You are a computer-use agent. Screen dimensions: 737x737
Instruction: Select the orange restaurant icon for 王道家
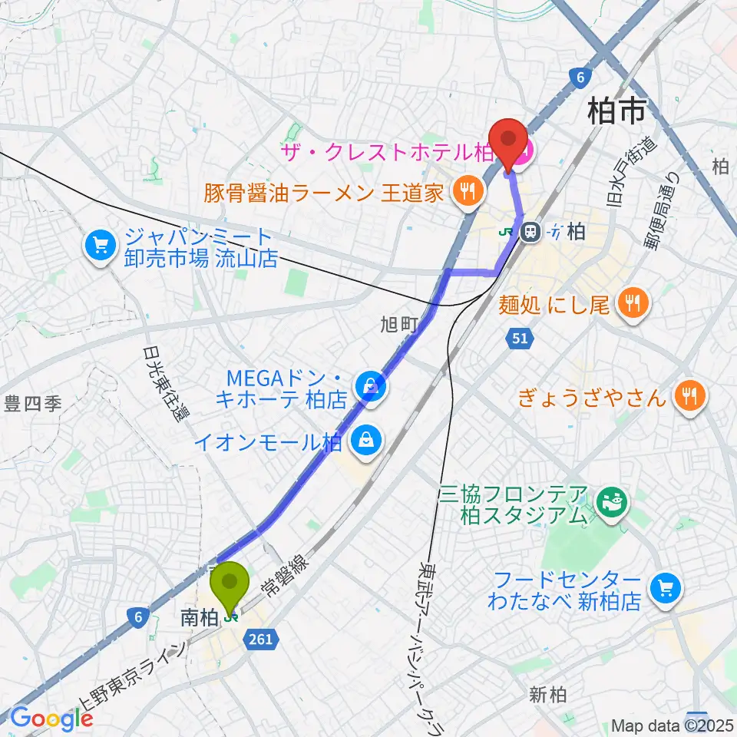[465, 191]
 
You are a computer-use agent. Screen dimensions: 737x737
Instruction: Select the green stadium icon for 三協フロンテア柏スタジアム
[613, 504]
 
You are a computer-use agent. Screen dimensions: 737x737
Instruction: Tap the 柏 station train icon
[530, 231]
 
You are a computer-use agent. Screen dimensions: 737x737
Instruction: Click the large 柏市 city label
[615, 113]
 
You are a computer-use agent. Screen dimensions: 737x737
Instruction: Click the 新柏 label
[548, 696]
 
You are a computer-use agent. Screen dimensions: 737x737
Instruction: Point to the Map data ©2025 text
[672, 725]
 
